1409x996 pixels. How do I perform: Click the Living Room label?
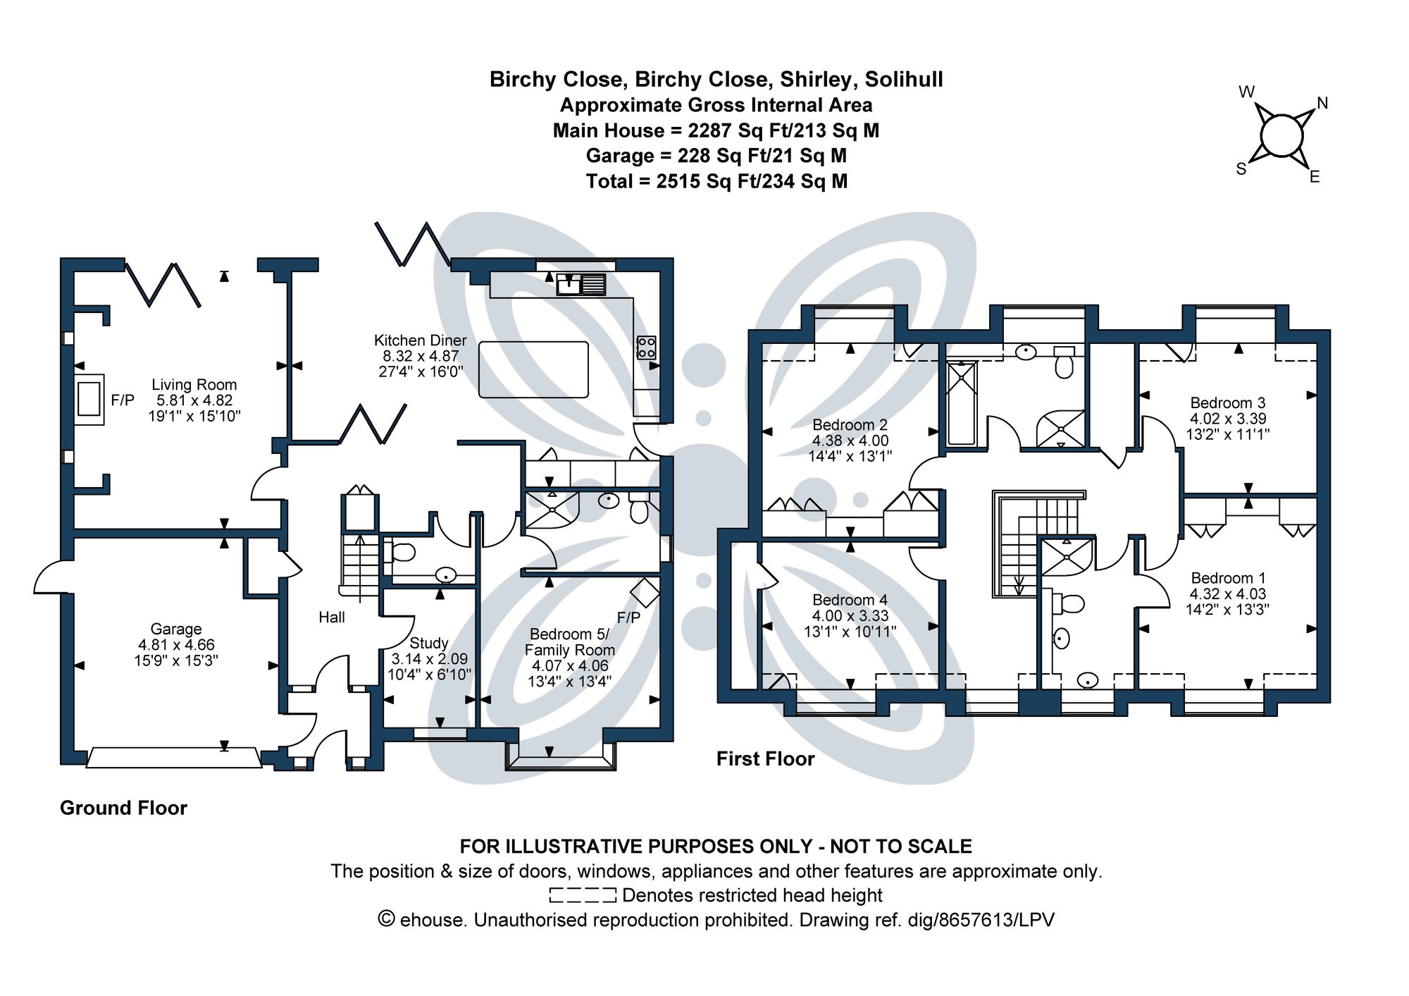pos(194,385)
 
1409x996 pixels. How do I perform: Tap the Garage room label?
pos(175,629)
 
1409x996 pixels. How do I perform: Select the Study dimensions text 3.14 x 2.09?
pos(429,659)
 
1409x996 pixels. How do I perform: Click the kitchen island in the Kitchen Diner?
pos(533,369)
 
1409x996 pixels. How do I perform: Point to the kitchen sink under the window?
pos(581,284)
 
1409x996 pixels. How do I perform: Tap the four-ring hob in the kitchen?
pos(646,348)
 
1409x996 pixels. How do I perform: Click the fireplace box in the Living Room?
pos(89,400)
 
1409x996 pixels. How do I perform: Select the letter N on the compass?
pos(1322,104)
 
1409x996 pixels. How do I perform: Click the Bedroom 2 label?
pos(850,425)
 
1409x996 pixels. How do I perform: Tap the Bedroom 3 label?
pos(1227,403)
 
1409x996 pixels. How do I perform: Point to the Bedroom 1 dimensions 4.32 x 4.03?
pos(1227,594)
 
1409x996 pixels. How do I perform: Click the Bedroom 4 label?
pos(850,600)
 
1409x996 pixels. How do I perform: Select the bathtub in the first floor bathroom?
pos(961,403)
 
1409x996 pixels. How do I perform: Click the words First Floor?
pos(765,759)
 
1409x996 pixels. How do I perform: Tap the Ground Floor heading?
pos(123,808)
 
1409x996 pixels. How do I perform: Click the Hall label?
pos(331,617)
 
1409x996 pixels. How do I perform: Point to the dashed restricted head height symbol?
pos(583,895)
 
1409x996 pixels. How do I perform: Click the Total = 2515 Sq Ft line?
pos(716,181)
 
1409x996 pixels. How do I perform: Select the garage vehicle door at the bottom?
pos(173,758)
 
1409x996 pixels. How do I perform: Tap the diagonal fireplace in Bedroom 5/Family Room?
pos(645,592)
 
